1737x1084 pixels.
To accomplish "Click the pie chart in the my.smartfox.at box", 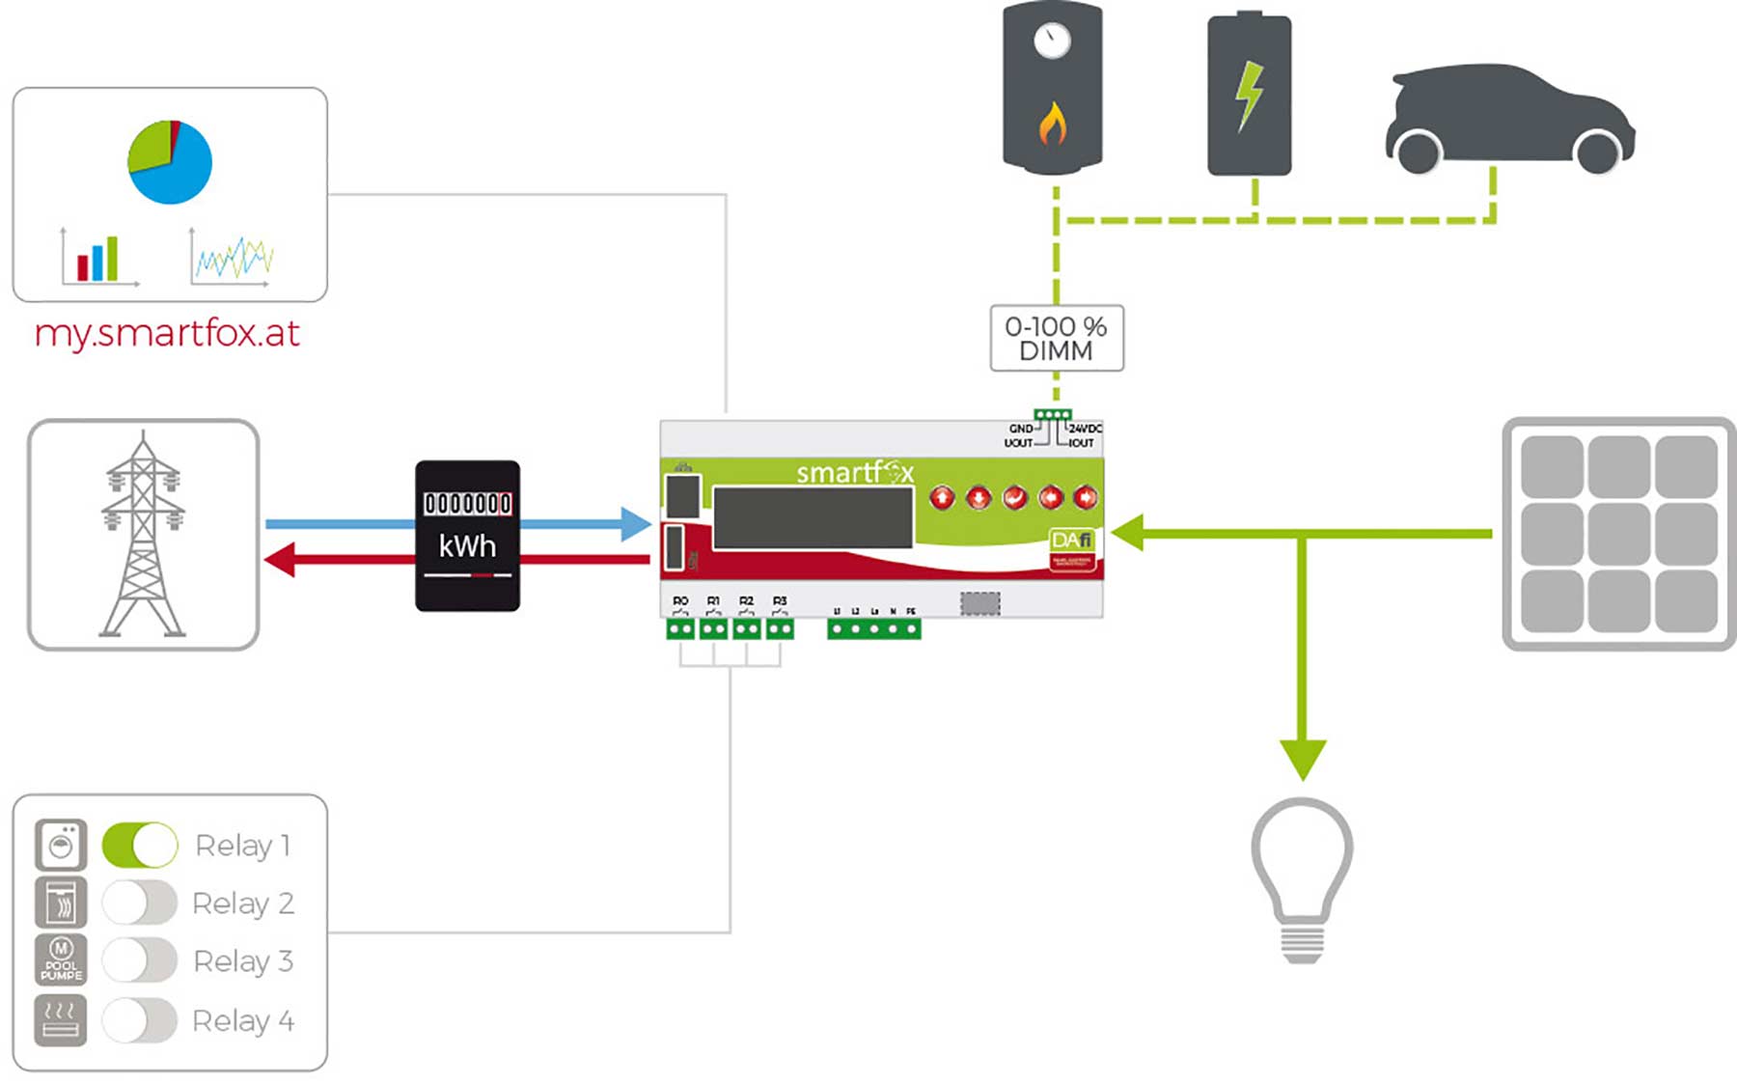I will point(170,161).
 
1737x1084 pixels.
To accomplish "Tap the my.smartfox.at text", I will point(167,333).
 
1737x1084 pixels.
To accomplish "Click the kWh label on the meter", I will point(467,546).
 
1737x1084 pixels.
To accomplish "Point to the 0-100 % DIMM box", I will point(1056,339).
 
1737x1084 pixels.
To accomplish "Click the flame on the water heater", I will point(1052,124).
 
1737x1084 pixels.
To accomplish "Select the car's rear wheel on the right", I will point(1597,152).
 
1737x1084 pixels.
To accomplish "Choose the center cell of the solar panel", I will point(1618,533).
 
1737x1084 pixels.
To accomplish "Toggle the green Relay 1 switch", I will point(140,846).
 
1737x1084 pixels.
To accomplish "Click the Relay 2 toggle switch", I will point(140,903).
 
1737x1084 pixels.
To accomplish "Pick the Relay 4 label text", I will point(243,1020).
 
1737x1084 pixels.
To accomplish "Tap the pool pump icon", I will point(61,960).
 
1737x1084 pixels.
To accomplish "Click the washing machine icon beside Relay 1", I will point(61,846).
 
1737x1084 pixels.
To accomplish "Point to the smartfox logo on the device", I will point(854,473).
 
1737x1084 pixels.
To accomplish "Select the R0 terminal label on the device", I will point(680,600).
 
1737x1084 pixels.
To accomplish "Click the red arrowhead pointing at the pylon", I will point(280,560).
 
